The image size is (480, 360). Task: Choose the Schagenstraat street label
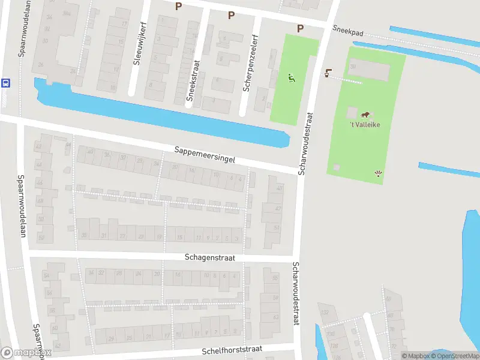[209, 257]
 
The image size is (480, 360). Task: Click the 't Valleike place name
[365, 125]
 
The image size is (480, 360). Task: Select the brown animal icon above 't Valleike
[365, 114]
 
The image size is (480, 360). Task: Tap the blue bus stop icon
[5, 83]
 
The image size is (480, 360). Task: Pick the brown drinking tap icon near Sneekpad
[328, 73]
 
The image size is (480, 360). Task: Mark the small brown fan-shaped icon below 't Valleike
[378, 174]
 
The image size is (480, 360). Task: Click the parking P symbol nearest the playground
[300, 28]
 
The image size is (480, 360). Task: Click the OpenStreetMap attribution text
[454, 356]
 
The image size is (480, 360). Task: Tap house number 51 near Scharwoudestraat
[277, 228]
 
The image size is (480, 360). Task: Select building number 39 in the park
[353, 66]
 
